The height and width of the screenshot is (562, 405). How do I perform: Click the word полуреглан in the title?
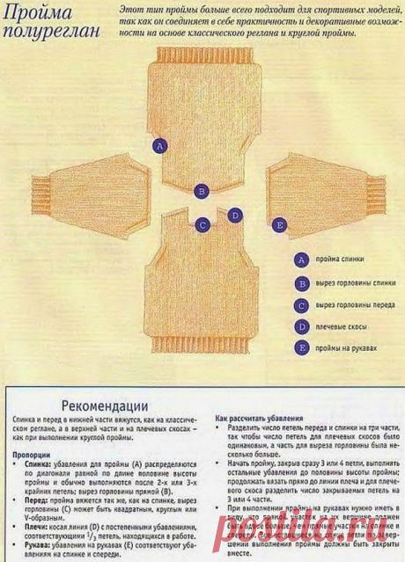pos(51,31)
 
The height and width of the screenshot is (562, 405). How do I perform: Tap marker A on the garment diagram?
pos(158,147)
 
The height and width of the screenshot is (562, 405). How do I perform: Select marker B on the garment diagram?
pos(202,190)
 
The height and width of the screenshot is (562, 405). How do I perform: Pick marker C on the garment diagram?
pos(202,224)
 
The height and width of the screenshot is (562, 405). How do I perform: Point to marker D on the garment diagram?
pos(234,215)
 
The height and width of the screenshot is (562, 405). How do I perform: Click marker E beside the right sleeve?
pos(279,226)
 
